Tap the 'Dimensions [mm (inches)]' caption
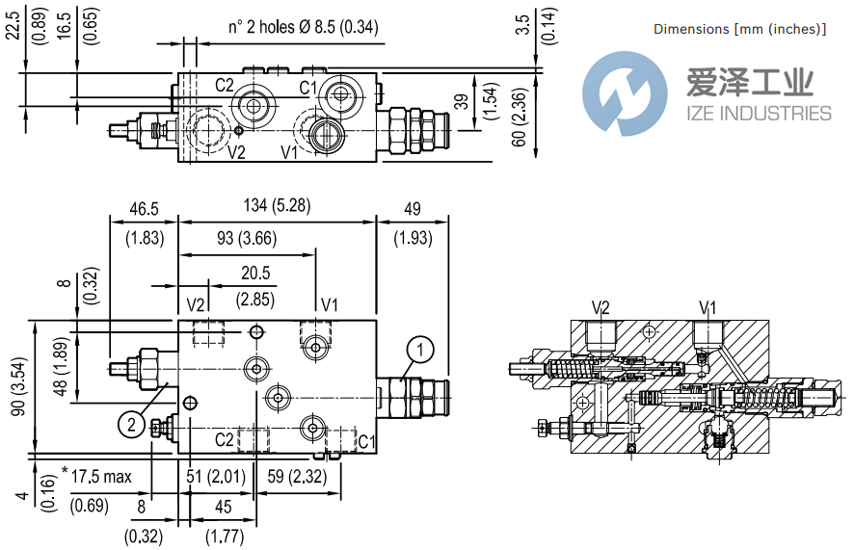coord(739,29)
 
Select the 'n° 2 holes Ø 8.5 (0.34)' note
coord(304,27)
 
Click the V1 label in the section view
coord(707,307)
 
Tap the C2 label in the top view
coord(224,86)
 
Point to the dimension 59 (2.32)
coord(287,476)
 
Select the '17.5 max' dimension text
coord(101,476)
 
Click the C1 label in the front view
coord(365,441)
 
